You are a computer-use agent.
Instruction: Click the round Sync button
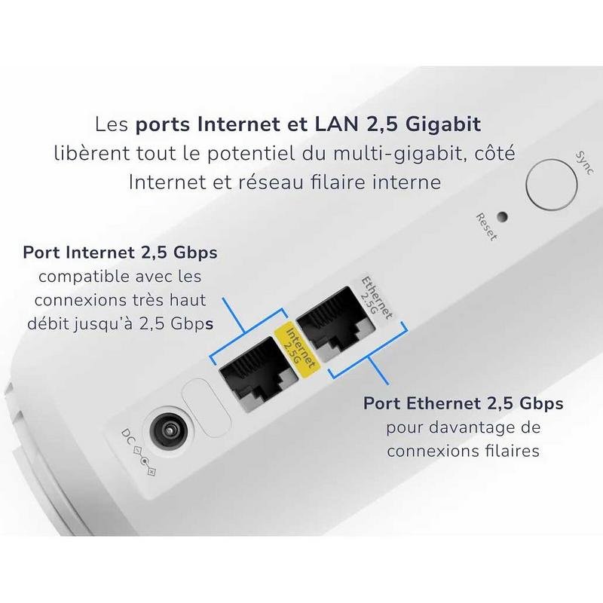[x=551, y=184]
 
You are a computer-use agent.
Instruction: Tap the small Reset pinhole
[x=502, y=217]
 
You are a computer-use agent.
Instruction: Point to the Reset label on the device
[x=486, y=227]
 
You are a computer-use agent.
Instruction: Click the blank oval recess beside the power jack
[x=207, y=408]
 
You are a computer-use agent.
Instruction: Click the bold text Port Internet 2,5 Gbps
[x=121, y=253]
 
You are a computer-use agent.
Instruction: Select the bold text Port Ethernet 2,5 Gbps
[x=464, y=404]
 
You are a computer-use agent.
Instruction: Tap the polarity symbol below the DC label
[x=144, y=461]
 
